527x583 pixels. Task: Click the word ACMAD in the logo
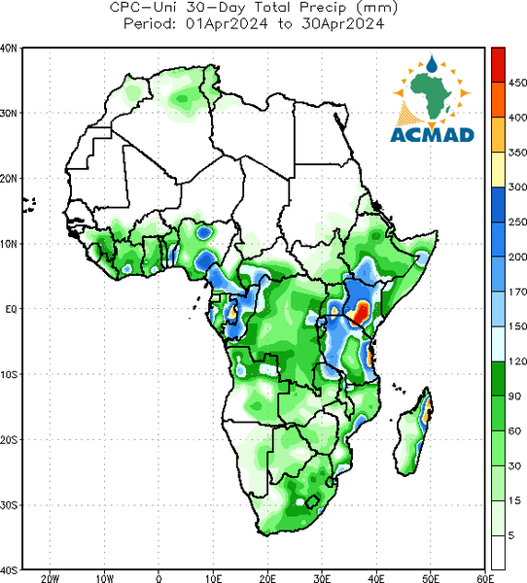tap(432, 135)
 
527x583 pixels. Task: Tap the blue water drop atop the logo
tap(432, 64)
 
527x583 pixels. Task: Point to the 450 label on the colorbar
tap(517, 83)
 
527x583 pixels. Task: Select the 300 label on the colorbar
tap(517, 187)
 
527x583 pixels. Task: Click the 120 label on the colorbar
tap(517, 361)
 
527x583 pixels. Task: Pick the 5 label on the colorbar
tap(511, 535)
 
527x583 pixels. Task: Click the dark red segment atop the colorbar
tap(498, 65)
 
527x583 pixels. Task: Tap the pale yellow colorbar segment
tap(498, 169)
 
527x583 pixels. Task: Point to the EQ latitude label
tap(11, 309)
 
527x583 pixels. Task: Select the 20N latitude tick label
tap(9, 179)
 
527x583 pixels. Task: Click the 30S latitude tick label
tap(9, 505)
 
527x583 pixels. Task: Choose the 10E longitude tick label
tap(214, 578)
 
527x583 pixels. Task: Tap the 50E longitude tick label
tap(431, 578)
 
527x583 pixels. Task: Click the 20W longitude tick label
tap(50, 578)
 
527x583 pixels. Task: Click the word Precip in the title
tap(323, 8)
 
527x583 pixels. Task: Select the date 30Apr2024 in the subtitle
tap(343, 24)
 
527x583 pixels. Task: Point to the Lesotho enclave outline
tap(312, 502)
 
